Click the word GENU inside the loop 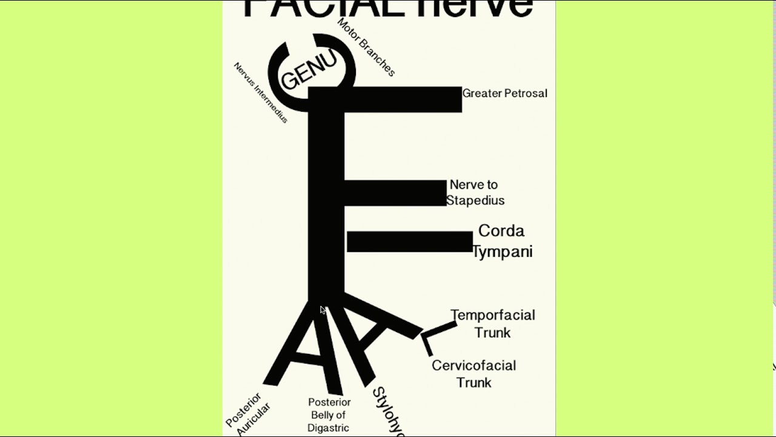point(309,70)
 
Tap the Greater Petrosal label point(504,93)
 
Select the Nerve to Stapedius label point(475,192)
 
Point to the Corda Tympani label point(502,241)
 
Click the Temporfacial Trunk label point(492,324)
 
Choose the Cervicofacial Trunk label point(473,374)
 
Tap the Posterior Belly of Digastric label point(329,415)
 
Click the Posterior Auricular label point(247,414)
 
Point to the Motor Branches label point(366,47)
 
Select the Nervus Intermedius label point(261,92)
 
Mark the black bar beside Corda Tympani point(410,242)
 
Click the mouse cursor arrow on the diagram point(323,310)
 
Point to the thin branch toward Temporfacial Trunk point(441,328)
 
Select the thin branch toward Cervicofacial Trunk point(427,346)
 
